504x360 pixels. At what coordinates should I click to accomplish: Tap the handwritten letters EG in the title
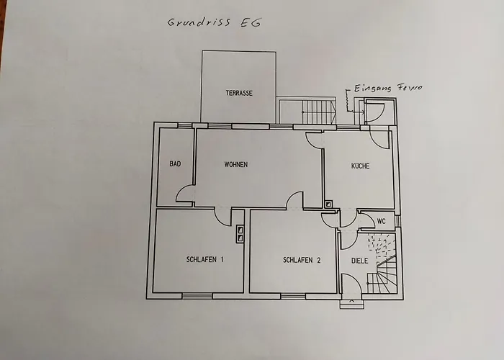coord(248,22)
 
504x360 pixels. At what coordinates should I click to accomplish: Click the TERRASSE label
coord(238,94)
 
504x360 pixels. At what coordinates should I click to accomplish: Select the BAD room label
coord(175,165)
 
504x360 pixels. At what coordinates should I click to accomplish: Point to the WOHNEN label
coord(235,165)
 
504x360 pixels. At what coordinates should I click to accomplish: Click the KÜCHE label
coord(360,166)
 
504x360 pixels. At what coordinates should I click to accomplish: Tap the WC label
coord(382,221)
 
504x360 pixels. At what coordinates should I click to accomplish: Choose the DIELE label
coord(359,261)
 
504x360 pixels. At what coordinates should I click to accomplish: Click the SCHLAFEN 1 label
coord(204,260)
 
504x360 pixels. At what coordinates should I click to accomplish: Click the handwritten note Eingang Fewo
coord(387,89)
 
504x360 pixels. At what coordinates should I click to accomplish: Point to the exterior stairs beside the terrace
coord(314,111)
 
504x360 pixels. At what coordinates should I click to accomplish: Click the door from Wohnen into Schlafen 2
coord(294,201)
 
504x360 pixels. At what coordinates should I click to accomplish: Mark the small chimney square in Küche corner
coord(328,204)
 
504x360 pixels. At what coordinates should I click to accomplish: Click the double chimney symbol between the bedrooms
coord(240,232)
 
